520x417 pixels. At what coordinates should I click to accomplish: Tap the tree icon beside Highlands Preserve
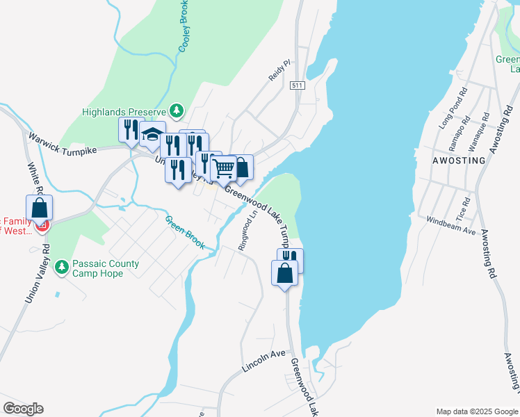(177, 111)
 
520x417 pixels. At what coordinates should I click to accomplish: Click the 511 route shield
(298, 85)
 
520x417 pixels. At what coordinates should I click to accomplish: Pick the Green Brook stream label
(185, 232)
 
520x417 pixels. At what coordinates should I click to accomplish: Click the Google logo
(23, 408)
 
